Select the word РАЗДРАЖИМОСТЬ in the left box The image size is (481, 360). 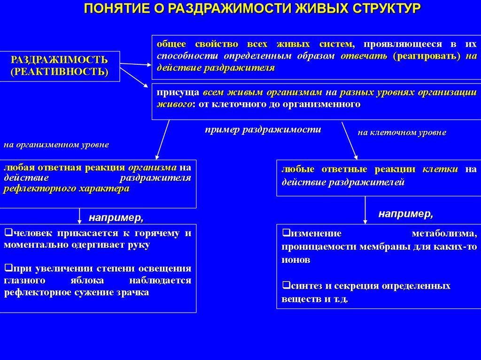60,60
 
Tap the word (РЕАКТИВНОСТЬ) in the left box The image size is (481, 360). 60,71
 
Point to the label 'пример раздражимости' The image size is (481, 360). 263,130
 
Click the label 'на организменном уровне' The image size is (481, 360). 56,145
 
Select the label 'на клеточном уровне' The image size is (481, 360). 402,133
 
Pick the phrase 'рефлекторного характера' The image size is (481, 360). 66,189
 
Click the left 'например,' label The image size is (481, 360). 116,217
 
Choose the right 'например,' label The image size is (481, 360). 406,214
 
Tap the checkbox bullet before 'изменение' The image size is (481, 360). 286,233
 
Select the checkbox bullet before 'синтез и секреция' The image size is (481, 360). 286,285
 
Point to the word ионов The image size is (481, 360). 296,260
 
